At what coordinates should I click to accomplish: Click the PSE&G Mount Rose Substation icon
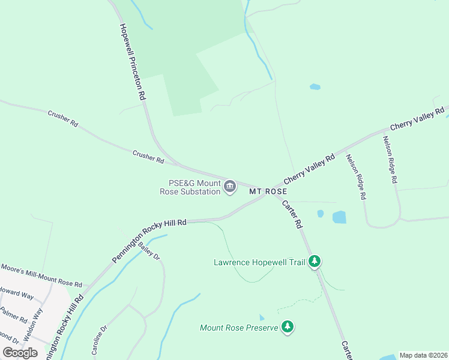pos(229,188)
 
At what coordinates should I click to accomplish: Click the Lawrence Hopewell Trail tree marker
pos(314,262)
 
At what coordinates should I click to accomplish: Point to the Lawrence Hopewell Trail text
pos(259,262)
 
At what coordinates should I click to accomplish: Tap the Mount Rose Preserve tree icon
pos(289,327)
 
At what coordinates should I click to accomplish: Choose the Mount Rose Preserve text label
pos(239,328)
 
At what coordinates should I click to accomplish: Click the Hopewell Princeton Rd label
pos(132,62)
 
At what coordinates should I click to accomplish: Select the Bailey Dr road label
pos(149,251)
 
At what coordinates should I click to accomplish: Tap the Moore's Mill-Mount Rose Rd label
pos(41,275)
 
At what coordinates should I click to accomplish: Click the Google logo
pos(20,353)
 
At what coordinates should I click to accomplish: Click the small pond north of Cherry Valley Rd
pos(315,87)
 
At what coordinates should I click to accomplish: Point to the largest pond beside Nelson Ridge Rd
pos(339,217)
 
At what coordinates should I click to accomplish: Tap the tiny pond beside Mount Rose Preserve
pos(261,317)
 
